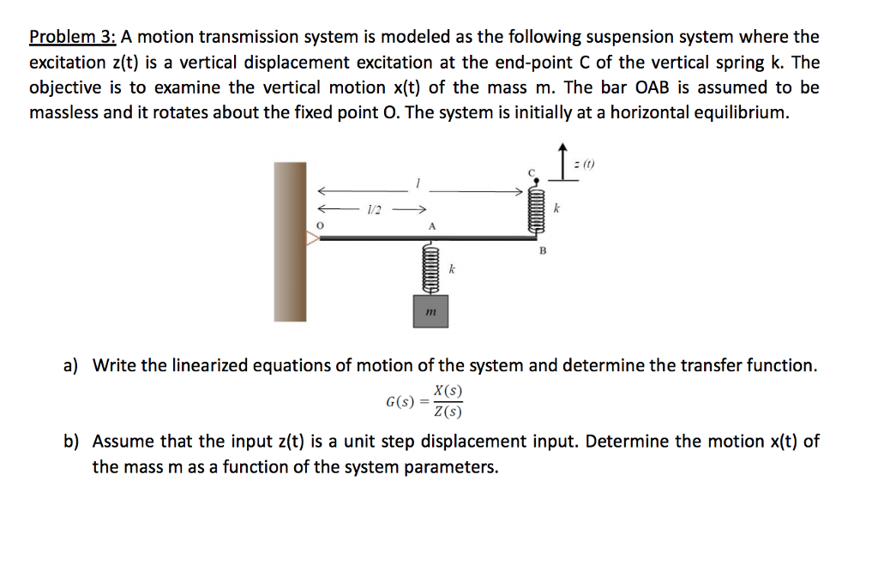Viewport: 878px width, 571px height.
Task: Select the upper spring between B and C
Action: coord(538,211)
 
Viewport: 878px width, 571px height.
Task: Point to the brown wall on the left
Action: coord(290,241)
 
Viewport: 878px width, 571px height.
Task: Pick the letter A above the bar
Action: coord(432,226)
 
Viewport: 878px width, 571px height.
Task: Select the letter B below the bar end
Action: coord(542,252)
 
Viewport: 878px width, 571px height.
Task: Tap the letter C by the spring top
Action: coord(531,173)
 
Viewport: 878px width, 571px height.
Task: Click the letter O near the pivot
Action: coord(319,224)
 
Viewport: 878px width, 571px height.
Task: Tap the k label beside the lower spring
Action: coord(452,269)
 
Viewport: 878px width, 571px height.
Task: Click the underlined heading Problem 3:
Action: coord(72,37)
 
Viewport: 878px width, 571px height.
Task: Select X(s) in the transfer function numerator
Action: coord(448,391)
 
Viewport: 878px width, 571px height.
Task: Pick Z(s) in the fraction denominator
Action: coord(448,412)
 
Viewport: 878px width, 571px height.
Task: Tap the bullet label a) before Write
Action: coord(70,366)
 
